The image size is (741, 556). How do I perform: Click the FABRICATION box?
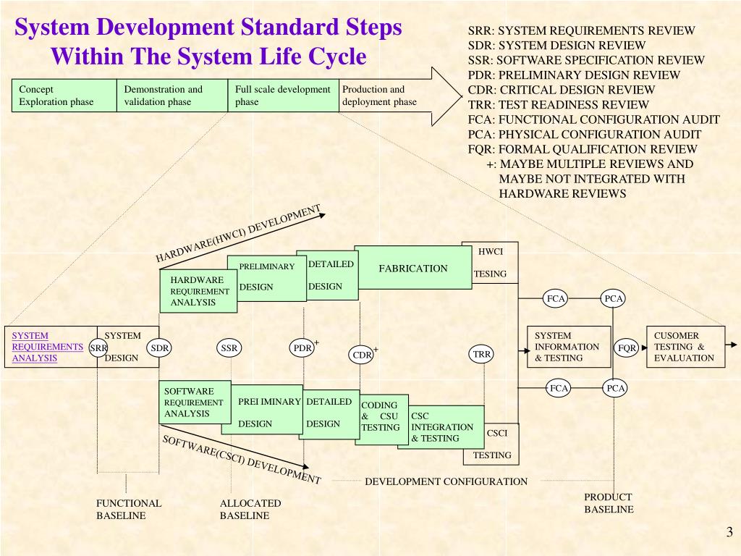412,268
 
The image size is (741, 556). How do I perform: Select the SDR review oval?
159,348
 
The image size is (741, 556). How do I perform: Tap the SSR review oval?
229,348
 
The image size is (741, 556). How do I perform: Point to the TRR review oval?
482,354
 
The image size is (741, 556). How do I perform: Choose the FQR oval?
627,348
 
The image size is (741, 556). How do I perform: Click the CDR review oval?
362,355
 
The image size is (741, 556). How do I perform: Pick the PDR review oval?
302,348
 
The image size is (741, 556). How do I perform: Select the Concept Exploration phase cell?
64,96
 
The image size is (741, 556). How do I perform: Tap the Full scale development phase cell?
283,96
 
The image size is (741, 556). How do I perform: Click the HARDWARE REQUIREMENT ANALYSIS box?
198,292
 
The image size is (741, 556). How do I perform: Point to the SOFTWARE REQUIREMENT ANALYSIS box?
193,403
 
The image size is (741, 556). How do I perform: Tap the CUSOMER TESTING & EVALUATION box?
685,347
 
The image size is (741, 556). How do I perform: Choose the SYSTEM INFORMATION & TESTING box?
568,347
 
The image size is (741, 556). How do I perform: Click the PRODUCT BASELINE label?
609,503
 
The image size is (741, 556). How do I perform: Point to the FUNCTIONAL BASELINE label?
129,509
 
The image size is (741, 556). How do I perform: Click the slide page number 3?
729,533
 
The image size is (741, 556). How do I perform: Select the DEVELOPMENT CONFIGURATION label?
446,481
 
